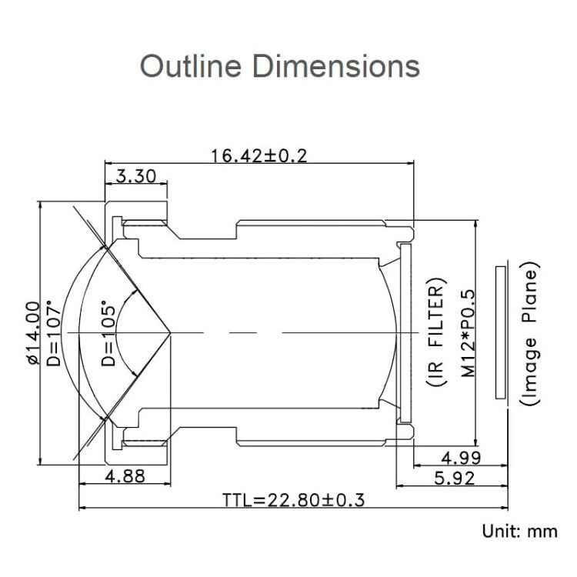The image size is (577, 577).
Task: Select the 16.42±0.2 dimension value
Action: (x=258, y=156)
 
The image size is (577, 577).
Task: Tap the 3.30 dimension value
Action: (x=135, y=178)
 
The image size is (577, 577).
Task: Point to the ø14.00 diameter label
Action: (x=32, y=332)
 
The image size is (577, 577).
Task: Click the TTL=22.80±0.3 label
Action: (x=293, y=500)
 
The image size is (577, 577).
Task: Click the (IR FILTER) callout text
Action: (x=435, y=332)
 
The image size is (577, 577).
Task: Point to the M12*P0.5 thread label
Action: (x=467, y=332)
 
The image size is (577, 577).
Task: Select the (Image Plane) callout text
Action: (x=529, y=332)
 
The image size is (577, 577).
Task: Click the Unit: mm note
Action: (x=519, y=531)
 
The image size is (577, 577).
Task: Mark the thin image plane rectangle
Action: (x=501, y=332)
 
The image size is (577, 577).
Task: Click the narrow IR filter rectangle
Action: (x=406, y=332)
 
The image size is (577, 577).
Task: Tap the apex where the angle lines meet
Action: (x=170, y=332)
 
